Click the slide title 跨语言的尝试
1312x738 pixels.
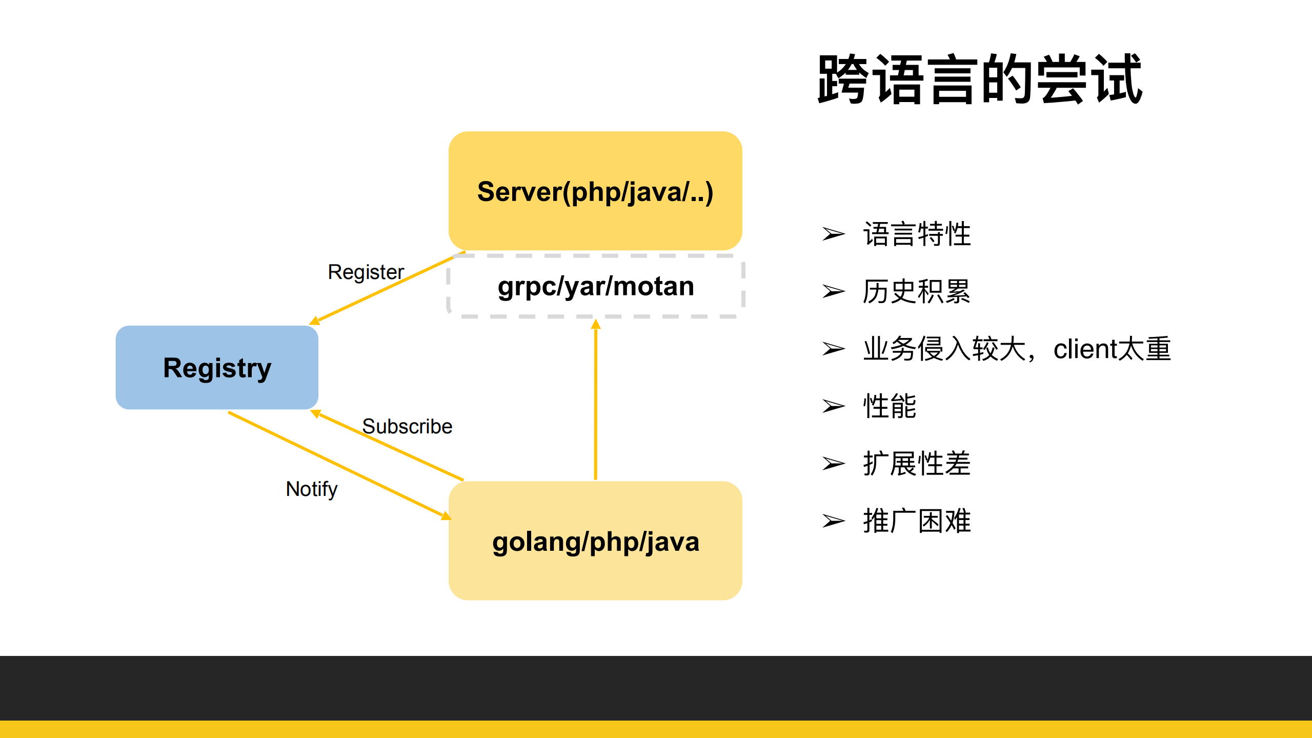tap(980, 79)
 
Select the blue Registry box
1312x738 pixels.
tap(217, 367)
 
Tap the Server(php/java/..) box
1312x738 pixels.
tap(595, 191)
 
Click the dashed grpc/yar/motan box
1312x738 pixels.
tap(595, 286)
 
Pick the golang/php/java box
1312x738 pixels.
tap(595, 541)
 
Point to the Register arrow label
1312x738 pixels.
tap(366, 272)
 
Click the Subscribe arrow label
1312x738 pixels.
tap(407, 426)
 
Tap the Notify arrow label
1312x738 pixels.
tap(311, 489)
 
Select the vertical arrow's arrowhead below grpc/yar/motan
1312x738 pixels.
tap(595, 324)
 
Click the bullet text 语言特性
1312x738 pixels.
tap(917, 234)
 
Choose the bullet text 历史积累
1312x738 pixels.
tap(917, 291)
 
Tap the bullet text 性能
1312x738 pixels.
tap(890, 406)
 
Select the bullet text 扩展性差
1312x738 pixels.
tap(917, 464)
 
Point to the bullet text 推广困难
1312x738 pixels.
tap(917, 521)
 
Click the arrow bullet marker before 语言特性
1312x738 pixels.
tap(833, 234)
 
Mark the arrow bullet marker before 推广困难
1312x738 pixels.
tap(833, 521)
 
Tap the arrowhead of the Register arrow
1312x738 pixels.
tap(314, 321)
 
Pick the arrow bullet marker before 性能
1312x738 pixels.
tap(833, 406)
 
